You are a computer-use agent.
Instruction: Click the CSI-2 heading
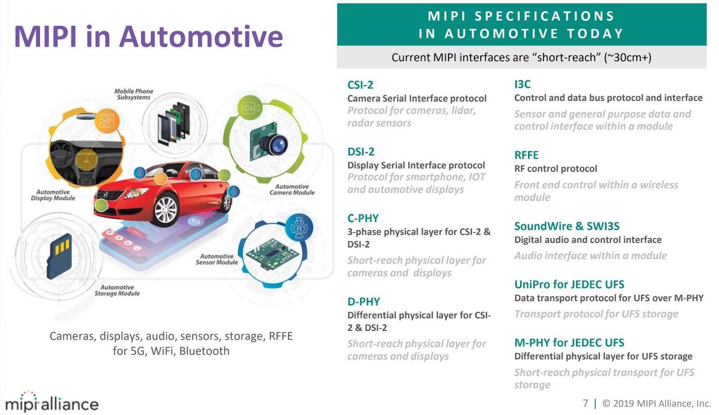coord(360,85)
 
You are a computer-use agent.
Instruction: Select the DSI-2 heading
coord(360,152)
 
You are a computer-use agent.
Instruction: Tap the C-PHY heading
coord(363,218)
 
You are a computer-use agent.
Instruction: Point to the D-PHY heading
coord(363,301)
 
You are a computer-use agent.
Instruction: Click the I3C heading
coord(522,84)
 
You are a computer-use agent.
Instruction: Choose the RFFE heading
coord(526,155)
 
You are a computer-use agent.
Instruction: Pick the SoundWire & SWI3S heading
coord(567,226)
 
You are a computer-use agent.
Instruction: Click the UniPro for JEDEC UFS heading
coord(569,284)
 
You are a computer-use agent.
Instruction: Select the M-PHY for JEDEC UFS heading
coord(569,343)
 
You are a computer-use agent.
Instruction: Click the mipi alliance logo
coord(52,402)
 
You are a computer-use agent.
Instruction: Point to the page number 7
coord(585,403)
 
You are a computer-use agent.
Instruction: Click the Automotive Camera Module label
coord(292,189)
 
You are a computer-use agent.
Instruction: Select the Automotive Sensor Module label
coord(217,259)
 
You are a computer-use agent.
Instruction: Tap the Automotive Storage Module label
coord(117,290)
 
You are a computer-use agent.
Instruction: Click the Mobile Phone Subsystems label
coord(133,94)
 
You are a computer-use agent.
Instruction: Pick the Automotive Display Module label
coord(53,195)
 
